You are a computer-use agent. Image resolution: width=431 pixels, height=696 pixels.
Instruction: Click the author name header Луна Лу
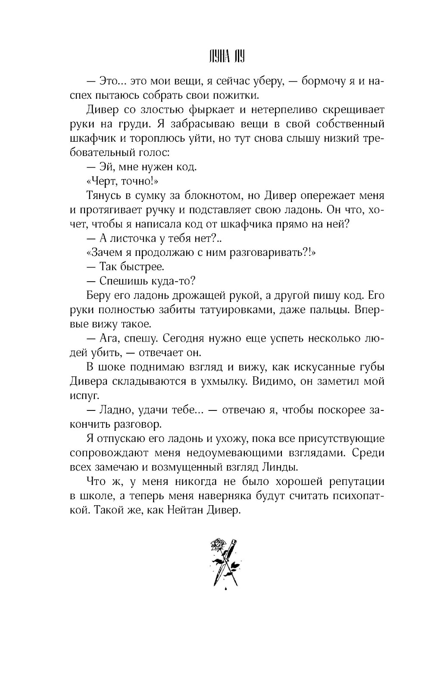coord(224,58)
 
